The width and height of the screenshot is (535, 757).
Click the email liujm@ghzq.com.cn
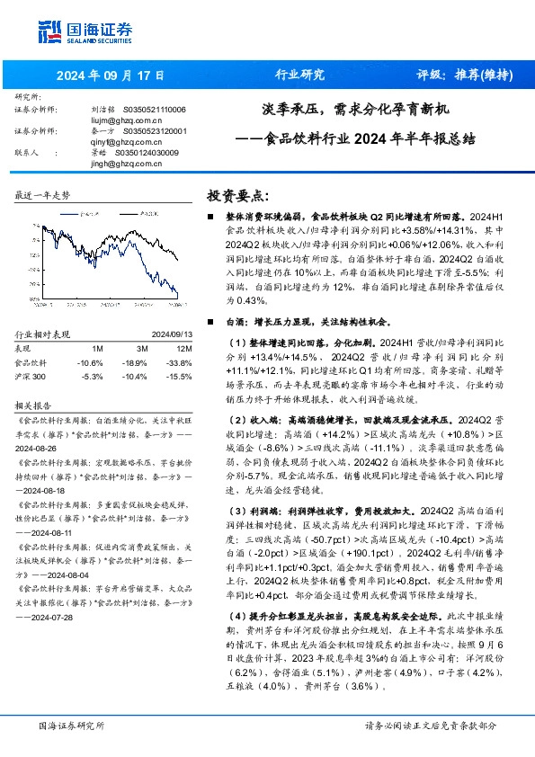124,118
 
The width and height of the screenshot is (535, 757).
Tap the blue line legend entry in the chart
93,213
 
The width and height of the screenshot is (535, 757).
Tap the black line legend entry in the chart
140,213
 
